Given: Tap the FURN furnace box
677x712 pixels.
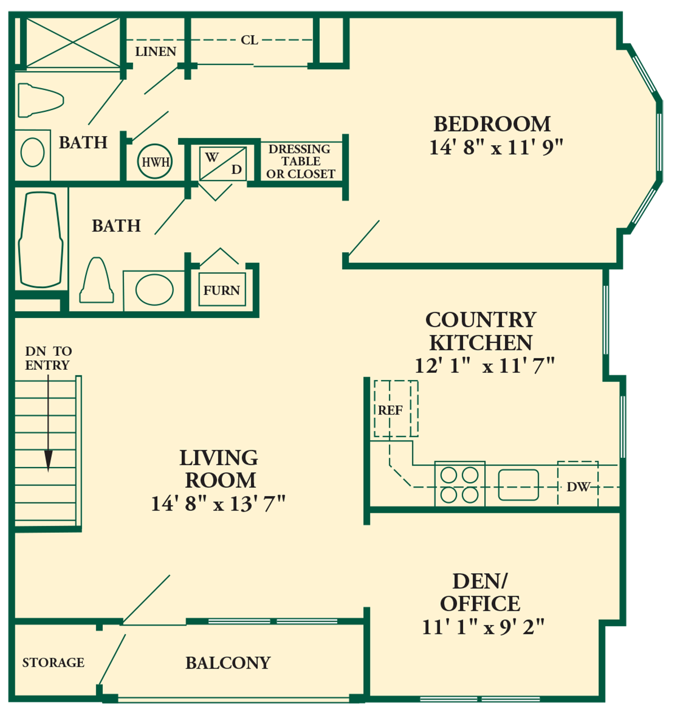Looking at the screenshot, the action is point(222,290).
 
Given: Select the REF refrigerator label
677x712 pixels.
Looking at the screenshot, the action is point(390,410).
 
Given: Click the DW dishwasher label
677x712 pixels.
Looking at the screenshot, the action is point(578,487).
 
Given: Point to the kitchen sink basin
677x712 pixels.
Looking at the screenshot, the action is point(518,485).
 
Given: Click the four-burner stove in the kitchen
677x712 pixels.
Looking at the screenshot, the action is point(460,484).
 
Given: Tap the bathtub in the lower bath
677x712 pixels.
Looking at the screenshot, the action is point(41,240).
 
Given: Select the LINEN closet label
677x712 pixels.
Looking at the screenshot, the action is point(156,52).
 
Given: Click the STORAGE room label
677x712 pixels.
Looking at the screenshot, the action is point(53,662).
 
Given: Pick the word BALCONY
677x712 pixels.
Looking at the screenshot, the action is point(228,663).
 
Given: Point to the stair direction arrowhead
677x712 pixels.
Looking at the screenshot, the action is point(48,461).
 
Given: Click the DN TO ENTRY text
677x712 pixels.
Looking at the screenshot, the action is point(48,358).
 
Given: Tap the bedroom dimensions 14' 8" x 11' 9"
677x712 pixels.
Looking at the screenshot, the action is point(496,148).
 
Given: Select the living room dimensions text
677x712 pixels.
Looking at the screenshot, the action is point(218,504).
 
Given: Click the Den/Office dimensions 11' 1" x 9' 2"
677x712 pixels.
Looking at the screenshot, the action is point(483,627).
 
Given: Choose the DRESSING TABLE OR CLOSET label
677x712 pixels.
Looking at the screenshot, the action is point(300,161).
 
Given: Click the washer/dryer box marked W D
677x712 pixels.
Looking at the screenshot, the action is point(223,163).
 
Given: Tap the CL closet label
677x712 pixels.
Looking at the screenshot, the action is point(250,40).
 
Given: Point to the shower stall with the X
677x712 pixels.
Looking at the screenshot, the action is point(73,43).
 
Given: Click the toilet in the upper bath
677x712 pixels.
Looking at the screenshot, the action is point(41,101).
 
